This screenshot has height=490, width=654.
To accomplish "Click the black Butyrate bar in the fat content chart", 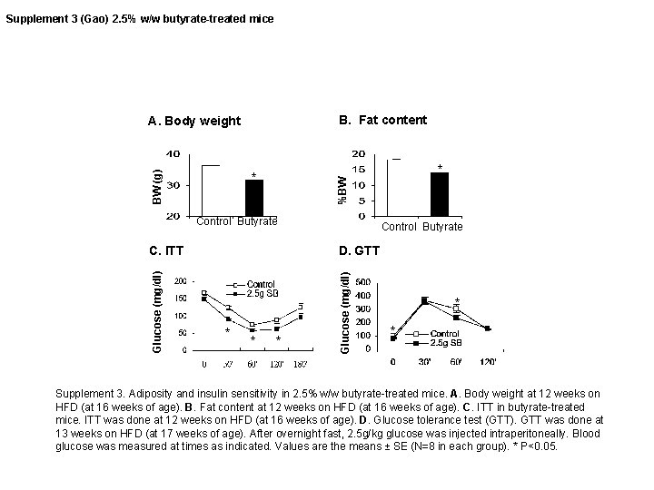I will (x=440, y=193).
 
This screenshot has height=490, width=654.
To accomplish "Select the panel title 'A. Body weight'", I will (x=195, y=121).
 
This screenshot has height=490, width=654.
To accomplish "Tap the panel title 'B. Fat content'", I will (x=382, y=120).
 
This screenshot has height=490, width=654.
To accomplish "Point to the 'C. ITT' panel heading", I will (x=165, y=249).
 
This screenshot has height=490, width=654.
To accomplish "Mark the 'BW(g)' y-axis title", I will (x=156, y=184).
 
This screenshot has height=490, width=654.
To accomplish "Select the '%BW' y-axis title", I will (x=342, y=188).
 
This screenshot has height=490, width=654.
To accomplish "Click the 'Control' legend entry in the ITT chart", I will (x=262, y=284).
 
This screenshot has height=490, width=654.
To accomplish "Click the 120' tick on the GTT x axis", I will (x=490, y=362).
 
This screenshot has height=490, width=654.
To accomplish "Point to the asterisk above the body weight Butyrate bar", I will (x=254, y=174).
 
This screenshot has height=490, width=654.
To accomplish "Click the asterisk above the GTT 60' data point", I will (x=457, y=299).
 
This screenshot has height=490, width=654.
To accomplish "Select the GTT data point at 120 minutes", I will (x=489, y=328).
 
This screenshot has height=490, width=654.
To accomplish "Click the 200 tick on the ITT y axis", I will (x=182, y=280).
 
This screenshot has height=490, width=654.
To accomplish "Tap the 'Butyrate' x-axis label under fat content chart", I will (x=442, y=227).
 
